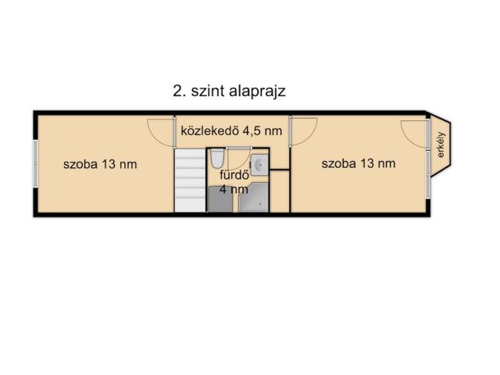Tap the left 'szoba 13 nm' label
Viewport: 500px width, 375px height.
click(x=101, y=164)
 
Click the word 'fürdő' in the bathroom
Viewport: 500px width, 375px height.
click(x=236, y=175)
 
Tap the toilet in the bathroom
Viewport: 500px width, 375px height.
click(x=216, y=159)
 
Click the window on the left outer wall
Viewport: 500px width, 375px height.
click(x=34, y=164)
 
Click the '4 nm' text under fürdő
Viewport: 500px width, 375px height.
click(x=234, y=188)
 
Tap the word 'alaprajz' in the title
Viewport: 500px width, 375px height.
click(x=257, y=90)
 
